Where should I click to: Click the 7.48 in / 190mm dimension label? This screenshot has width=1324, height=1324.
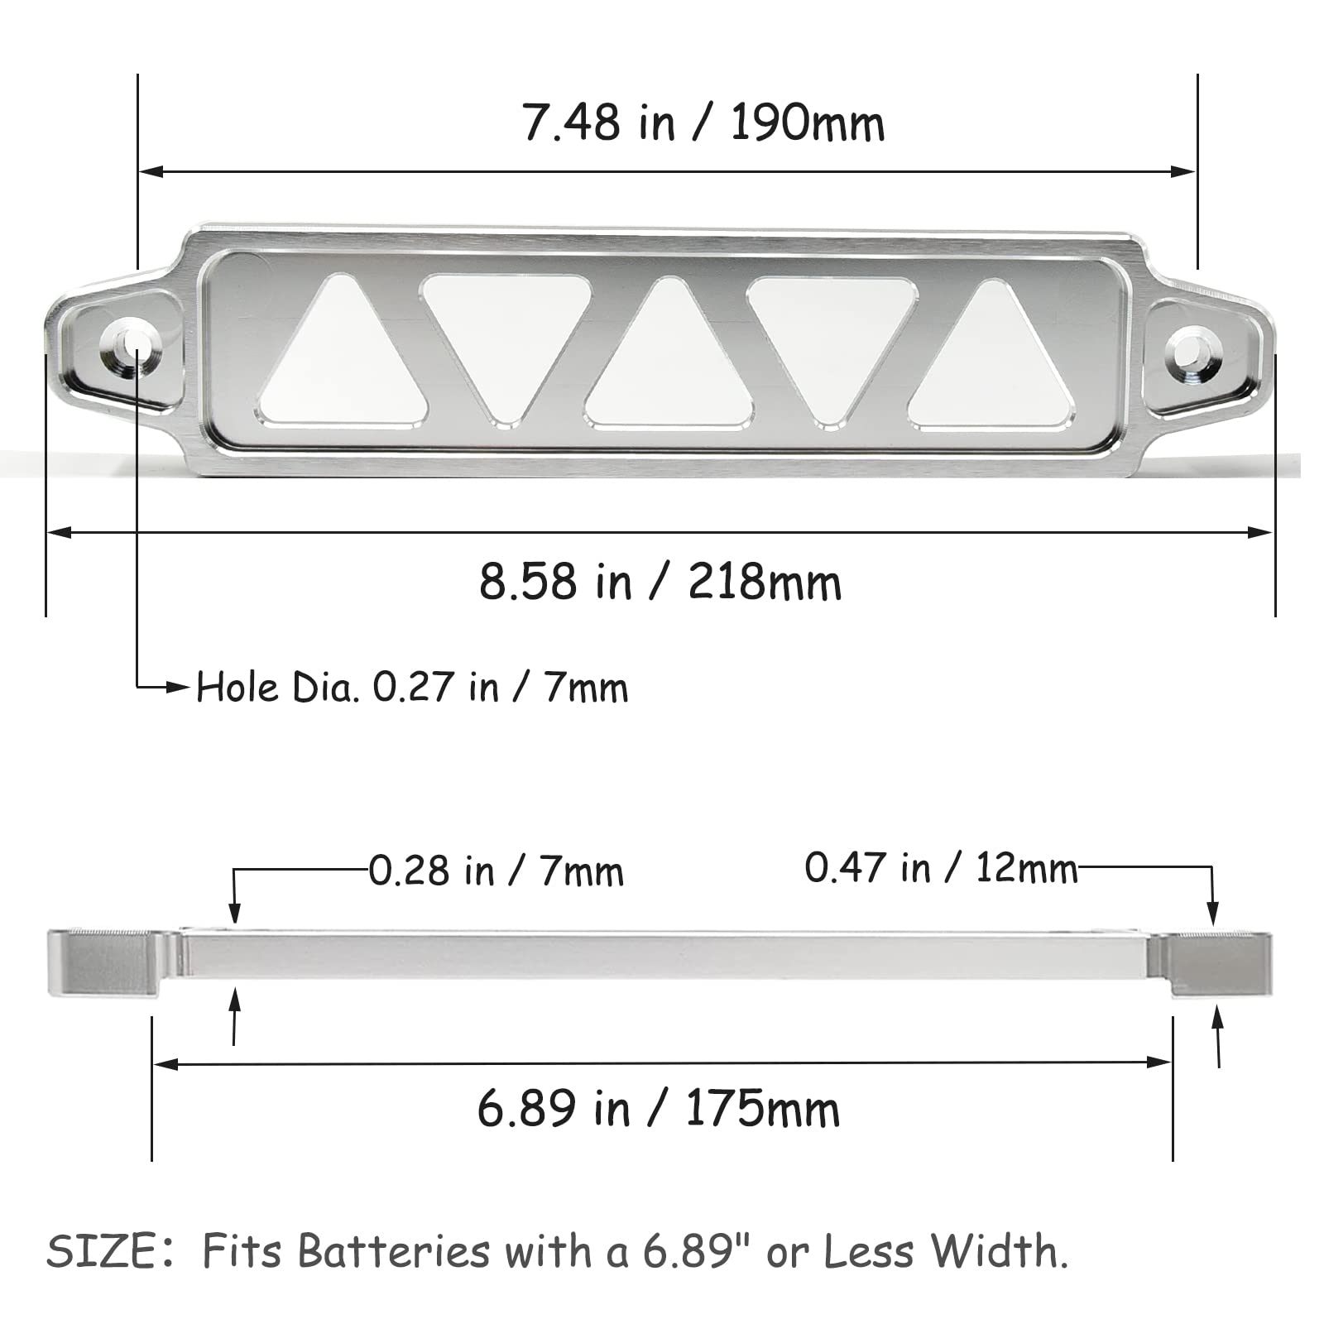pyautogui.click(x=703, y=124)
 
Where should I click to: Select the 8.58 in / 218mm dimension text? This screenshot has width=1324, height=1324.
pyautogui.click(x=660, y=582)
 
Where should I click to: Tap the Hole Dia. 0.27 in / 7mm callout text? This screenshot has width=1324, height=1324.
pyautogui.click(x=412, y=688)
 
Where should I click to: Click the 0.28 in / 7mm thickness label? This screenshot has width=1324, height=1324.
pyautogui.click(x=496, y=871)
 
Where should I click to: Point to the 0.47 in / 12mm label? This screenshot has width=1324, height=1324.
pyautogui.click(x=941, y=868)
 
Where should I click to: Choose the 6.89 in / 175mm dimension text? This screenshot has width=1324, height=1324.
pyautogui.click(x=659, y=1109)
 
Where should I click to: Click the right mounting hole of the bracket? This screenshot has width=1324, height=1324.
pyautogui.click(x=1189, y=349)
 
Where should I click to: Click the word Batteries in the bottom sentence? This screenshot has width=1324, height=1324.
pyautogui.click(x=394, y=1252)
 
